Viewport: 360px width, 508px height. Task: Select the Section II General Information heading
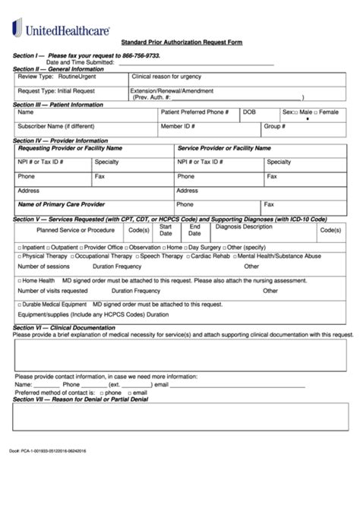(x=58, y=68)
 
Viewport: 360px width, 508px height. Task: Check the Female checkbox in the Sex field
(x=317, y=112)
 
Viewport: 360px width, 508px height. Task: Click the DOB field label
(x=249, y=112)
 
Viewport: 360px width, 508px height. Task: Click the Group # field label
(x=274, y=126)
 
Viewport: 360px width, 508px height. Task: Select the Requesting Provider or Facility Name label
(x=70, y=149)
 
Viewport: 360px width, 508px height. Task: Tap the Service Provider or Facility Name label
(x=224, y=149)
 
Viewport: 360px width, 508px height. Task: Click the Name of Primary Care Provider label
(x=61, y=204)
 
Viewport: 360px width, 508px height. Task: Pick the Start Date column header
(x=166, y=229)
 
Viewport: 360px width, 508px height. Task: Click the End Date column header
(x=195, y=229)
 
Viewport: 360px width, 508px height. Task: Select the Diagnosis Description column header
(x=243, y=226)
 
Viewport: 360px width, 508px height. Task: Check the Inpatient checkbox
(x=20, y=247)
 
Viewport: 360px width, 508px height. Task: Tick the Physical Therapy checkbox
(x=20, y=256)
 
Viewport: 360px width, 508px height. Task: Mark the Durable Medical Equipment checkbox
(x=20, y=304)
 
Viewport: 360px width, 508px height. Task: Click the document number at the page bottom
(x=48, y=450)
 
